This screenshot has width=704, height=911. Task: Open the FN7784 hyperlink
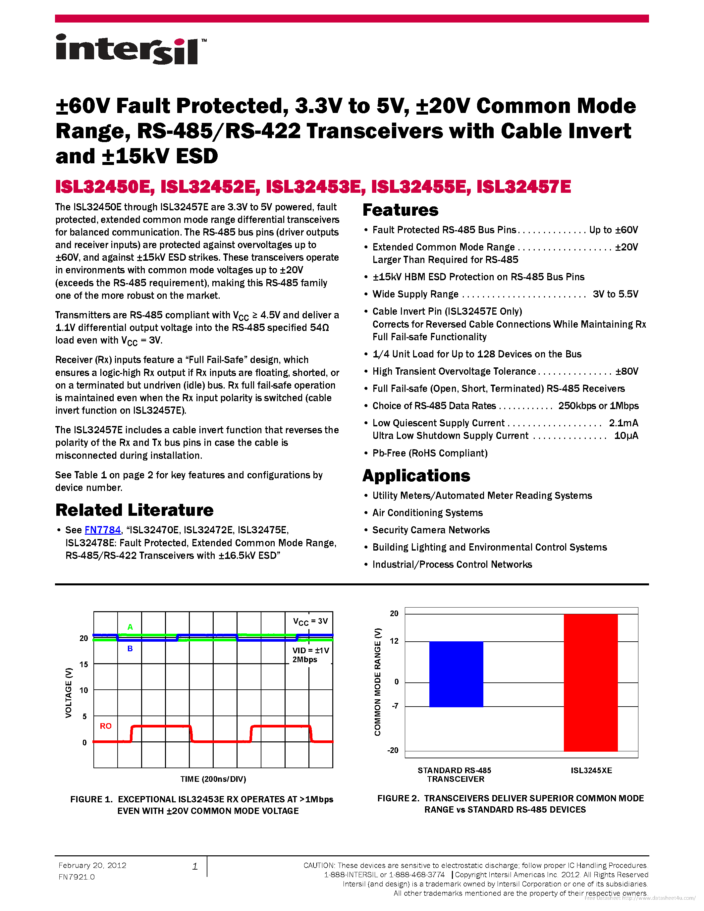pyautogui.click(x=103, y=530)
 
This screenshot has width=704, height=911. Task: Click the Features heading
pyautogui.click(x=401, y=210)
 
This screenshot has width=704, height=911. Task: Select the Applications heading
pyautogui.click(x=416, y=475)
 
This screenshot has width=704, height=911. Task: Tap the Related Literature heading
pyautogui.click(x=134, y=510)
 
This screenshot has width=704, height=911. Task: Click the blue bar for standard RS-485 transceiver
pyautogui.click(x=456, y=674)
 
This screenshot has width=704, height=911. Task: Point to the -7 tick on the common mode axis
pyautogui.click(x=395, y=706)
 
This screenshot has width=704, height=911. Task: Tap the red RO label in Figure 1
pyautogui.click(x=105, y=726)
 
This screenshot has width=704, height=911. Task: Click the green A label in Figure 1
pyautogui.click(x=130, y=627)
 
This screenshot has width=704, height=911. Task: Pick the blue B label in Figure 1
pyautogui.click(x=130, y=649)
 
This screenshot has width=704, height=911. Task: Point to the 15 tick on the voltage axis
pyautogui.click(x=84, y=664)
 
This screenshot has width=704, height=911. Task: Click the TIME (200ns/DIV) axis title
pyautogui.click(x=213, y=779)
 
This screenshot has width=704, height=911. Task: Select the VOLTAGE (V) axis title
pyautogui.click(x=69, y=692)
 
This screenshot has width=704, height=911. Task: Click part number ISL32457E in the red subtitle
pyautogui.click(x=523, y=187)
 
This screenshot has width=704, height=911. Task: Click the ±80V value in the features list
pyautogui.click(x=626, y=371)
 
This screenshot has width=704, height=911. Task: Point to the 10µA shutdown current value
pyautogui.click(x=626, y=436)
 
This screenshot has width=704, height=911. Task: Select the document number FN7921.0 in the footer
pyautogui.click(x=77, y=877)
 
